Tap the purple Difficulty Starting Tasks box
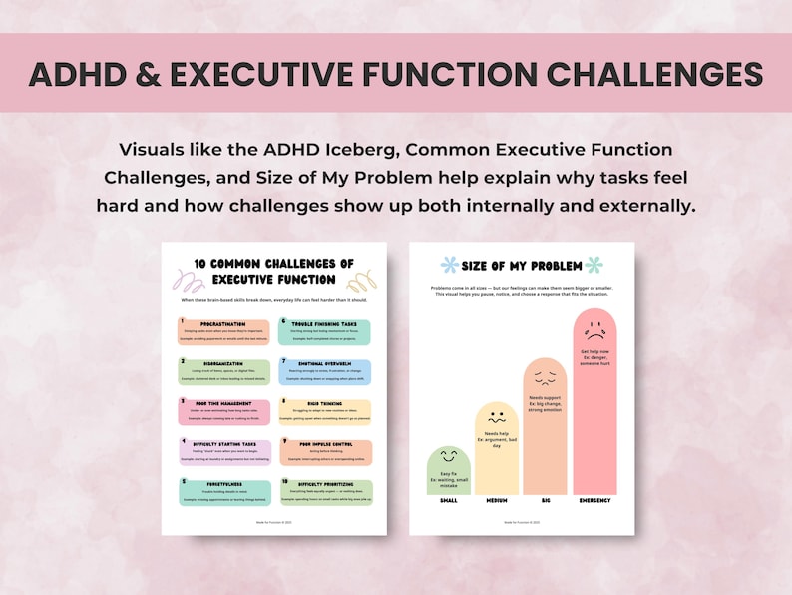point(224,452)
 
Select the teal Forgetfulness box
point(224,492)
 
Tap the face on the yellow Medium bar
point(497,416)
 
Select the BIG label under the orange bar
point(545,500)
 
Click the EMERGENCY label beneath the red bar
point(594,500)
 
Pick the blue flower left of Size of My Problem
point(450,265)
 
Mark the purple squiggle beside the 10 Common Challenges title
point(184,279)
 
